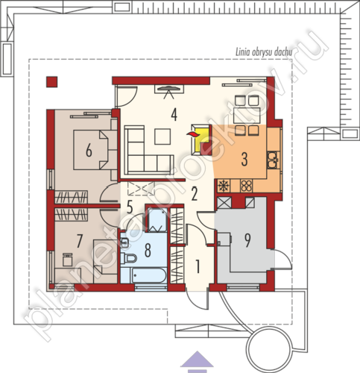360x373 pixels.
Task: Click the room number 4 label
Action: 174,115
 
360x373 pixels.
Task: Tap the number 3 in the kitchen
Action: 244,160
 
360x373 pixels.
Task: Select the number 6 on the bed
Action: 89,151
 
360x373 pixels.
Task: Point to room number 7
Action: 79,241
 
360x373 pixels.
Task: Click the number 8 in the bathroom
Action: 148,251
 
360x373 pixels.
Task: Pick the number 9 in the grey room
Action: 247,241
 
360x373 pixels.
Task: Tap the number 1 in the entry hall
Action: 198,266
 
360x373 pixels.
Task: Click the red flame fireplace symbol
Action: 193,134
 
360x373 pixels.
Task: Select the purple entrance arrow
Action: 197,359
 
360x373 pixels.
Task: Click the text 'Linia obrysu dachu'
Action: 264,52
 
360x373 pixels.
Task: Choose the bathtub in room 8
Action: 149,275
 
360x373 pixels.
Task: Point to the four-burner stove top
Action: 246,186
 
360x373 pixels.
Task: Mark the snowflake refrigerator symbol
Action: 224,186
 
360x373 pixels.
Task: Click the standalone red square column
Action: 51,82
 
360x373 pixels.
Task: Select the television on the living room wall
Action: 169,90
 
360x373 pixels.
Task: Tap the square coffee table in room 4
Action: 162,137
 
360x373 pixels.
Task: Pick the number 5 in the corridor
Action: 130,207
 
